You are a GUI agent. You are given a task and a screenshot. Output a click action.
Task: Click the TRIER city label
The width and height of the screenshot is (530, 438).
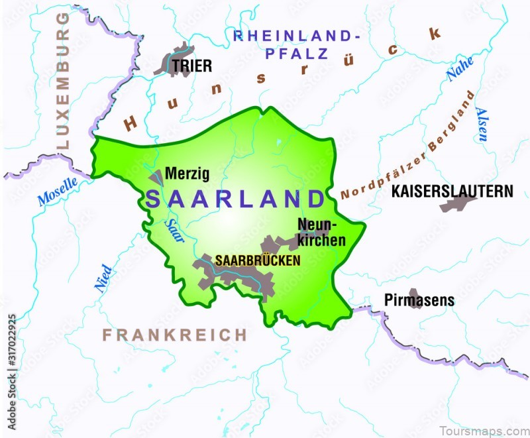click(x=192, y=66)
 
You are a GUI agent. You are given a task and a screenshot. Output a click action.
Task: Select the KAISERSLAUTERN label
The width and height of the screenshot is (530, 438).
click(x=452, y=191)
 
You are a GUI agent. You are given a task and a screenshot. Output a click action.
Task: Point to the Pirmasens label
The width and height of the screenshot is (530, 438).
click(x=419, y=300)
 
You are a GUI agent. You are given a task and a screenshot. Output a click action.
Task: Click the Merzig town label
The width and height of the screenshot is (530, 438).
click(x=187, y=174)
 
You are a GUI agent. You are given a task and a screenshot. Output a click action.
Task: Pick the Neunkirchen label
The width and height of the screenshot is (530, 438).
click(x=321, y=232)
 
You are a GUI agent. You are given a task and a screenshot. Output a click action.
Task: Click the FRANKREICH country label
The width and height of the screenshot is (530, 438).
click(x=174, y=335)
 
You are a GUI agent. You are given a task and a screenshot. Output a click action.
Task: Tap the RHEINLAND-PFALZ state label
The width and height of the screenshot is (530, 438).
click(x=297, y=43)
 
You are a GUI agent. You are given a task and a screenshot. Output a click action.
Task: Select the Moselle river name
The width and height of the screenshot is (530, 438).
click(x=58, y=191)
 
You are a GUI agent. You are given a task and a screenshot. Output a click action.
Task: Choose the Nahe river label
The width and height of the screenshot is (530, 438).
click(x=460, y=68)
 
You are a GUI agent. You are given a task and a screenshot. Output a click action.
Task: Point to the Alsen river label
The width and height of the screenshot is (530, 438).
click(x=482, y=125)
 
